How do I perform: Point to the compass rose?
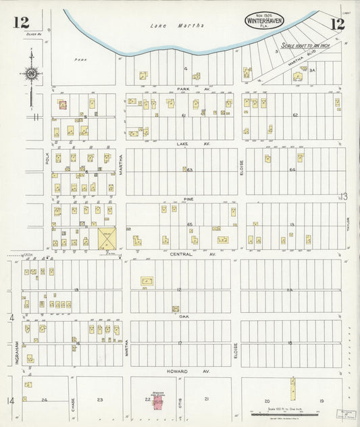point(30,73)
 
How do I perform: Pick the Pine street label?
point(188,199)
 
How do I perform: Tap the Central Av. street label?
point(182,254)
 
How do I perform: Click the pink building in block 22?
point(158,403)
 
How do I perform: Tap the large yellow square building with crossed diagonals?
point(107,239)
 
